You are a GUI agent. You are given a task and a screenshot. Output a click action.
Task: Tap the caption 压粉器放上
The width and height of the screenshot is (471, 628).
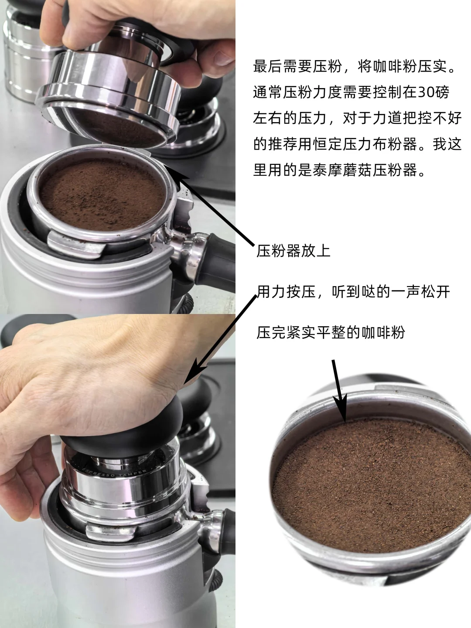[x=293, y=251]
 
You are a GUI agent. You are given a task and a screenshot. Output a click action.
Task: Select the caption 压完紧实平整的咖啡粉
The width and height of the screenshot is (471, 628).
[x=331, y=332]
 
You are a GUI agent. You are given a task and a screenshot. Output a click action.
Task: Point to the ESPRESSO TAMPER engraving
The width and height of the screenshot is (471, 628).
[x=114, y=474]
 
